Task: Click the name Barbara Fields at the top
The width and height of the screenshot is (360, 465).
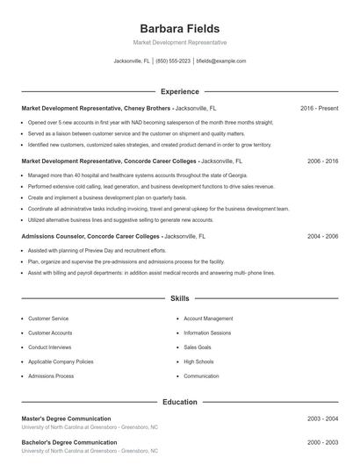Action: pos(179,28)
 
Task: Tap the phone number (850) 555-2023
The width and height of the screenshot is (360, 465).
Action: pos(174,61)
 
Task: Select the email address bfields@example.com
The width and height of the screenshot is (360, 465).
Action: pos(221,61)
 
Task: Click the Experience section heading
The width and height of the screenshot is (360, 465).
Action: pos(179,91)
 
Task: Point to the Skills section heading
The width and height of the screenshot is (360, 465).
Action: pos(179,299)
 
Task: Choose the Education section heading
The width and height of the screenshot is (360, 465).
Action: pos(179,402)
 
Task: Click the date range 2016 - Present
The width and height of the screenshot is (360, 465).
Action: pos(319,108)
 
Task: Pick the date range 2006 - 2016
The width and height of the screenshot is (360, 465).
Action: pos(322,161)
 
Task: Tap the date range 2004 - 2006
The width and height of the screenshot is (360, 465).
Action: pos(322,237)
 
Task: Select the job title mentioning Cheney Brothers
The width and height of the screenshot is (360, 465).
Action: pos(97,108)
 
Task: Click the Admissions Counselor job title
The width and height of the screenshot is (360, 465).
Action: pos(90,237)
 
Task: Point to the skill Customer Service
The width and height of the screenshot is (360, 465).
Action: pos(48,318)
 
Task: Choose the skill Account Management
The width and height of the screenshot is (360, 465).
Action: pos(208,318)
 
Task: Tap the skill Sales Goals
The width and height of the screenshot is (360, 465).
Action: pos(198,347)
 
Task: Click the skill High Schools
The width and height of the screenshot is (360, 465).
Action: pos(199,361)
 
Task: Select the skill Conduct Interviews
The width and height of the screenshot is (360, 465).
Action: pos(50,347)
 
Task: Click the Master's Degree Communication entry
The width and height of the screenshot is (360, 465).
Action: pos(66,419)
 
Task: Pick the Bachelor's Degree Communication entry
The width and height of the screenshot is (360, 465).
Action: pos(68,442)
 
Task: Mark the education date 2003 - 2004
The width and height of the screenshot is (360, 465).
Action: pos(322,419)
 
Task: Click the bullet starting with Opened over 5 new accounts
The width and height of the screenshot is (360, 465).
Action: pos(149,123)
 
